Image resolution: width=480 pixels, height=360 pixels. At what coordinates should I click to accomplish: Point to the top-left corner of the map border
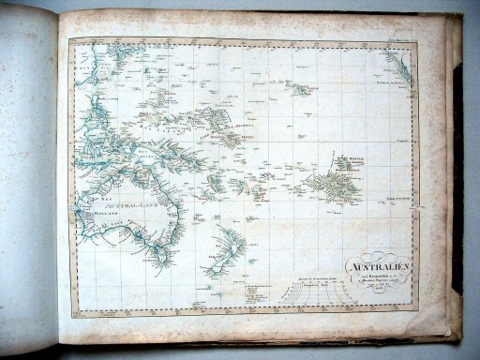point(69,42)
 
